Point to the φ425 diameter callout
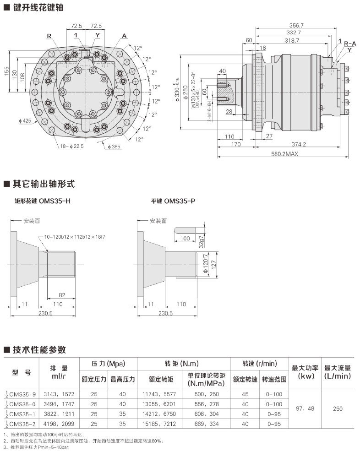25,121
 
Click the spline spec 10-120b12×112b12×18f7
75,237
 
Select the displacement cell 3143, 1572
59,394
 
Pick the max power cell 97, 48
305,408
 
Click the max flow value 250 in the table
338,408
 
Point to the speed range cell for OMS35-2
274,424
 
